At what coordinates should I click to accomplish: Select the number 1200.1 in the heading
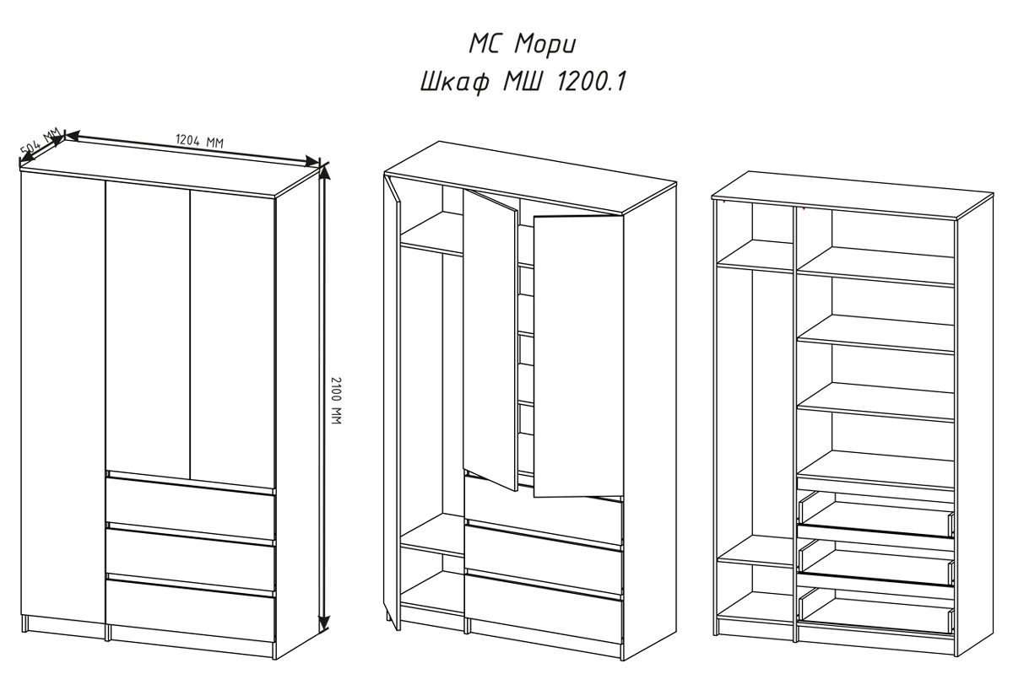(591, 83)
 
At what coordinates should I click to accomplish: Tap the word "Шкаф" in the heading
(455, 84)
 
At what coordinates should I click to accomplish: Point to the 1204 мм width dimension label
(199, 141)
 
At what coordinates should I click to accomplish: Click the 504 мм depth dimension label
(41, 141)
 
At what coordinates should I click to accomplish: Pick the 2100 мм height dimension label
(336, 401)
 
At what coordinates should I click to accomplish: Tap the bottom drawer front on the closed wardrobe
(191, 610)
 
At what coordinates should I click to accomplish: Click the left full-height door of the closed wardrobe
(62, 397)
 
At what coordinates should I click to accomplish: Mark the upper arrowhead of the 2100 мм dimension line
(324, 173)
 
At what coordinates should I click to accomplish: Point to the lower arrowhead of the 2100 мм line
(324, 623)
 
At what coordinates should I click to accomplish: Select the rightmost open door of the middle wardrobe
(578, 357)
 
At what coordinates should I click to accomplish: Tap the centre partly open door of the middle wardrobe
(490, 340)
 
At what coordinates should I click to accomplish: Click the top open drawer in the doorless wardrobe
(875, 515)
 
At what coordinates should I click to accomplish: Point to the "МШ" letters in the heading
(523, 83)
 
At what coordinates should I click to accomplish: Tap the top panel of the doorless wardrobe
(853, 195)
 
